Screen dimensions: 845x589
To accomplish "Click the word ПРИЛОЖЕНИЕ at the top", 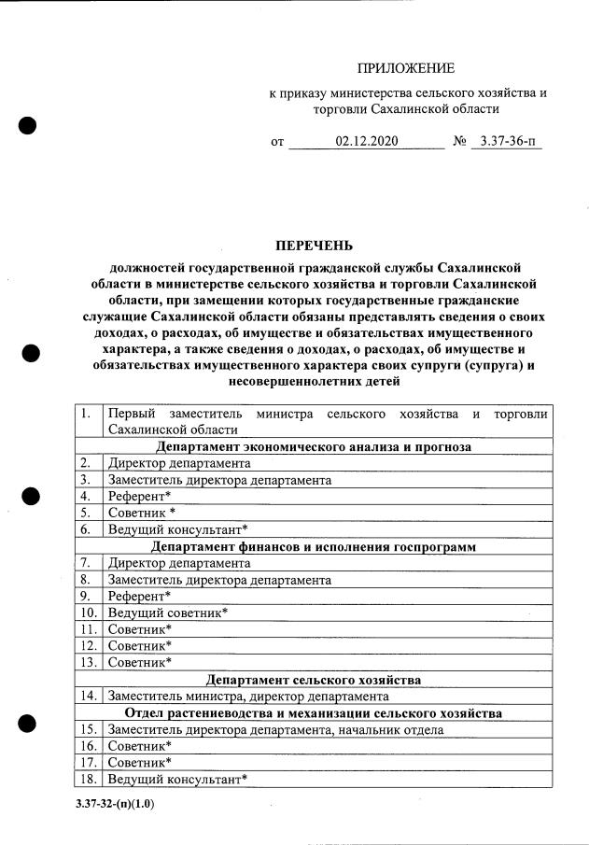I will (406, 68).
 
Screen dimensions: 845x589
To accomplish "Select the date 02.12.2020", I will (366, 143).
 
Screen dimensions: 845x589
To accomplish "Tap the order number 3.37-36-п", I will (506, 143).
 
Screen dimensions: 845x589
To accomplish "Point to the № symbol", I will (458, 143).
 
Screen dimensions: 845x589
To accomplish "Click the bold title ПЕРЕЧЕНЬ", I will (314, 246).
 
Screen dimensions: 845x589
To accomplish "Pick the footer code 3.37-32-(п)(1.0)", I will (115, 803).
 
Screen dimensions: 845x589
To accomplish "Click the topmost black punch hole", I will (28, 126).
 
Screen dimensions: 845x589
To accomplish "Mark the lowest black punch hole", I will (28, 722).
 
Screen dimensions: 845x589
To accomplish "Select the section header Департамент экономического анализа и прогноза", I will (314, 447).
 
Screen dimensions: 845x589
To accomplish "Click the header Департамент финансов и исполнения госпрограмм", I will (314, 545).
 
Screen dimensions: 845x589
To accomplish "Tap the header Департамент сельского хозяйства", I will (314, 679).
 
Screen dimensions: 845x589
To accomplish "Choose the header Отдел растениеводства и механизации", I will (314, 712).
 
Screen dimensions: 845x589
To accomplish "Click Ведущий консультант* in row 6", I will (177, 528).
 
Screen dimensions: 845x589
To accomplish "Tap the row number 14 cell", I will (89, 696).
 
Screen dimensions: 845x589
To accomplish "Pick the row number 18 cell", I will (89, 779).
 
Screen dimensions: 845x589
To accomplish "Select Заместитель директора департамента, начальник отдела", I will (275, 729).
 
